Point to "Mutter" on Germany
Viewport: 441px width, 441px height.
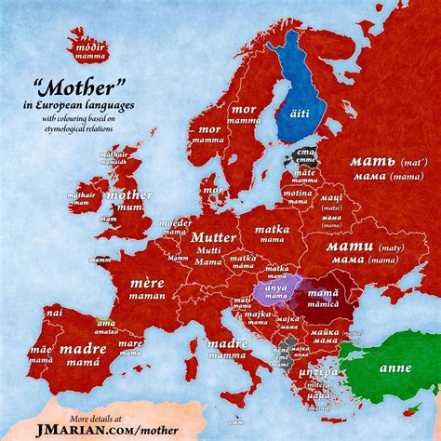pos(213,236)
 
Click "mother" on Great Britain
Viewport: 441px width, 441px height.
pos(129,195)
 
